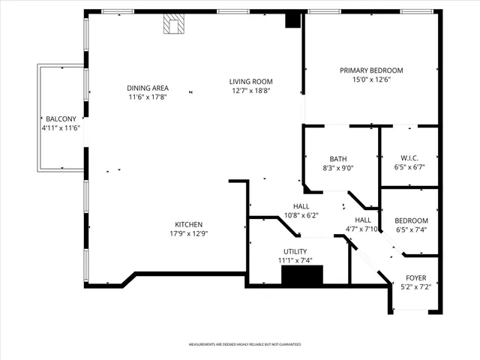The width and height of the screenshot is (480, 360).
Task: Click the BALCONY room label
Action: click(x=60, y=119)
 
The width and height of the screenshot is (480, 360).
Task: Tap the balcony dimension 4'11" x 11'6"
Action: click(x=60, y=128)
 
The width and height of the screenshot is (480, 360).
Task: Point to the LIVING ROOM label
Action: click(x=250, y=82)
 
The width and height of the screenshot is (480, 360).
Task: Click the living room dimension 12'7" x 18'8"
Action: click(x=250, y=91)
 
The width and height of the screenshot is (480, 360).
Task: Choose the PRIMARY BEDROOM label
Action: click(x=371, y=70)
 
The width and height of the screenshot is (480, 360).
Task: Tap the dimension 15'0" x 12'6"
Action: click(x=371, y=79)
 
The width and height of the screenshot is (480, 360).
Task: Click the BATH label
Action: click(x=337, y=158)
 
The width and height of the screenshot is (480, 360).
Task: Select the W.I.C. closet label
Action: click(x=409, y=157)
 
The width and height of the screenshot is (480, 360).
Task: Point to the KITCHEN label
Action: click(x=188, y=224)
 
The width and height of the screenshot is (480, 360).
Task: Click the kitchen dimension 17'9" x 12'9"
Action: click(x=188, y=233)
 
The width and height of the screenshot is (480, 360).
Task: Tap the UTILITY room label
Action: click(x=295, y=251)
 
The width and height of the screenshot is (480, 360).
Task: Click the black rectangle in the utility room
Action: click(x=301, y=275)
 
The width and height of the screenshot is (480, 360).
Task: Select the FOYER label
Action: click(x=415, y=277)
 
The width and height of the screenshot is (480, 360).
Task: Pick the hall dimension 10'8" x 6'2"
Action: click(x=301, y=215)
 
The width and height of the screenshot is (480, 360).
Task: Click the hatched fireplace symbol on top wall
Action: click(x=174, y=25)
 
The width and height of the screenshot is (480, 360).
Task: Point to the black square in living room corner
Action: click(x=292, y=21)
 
